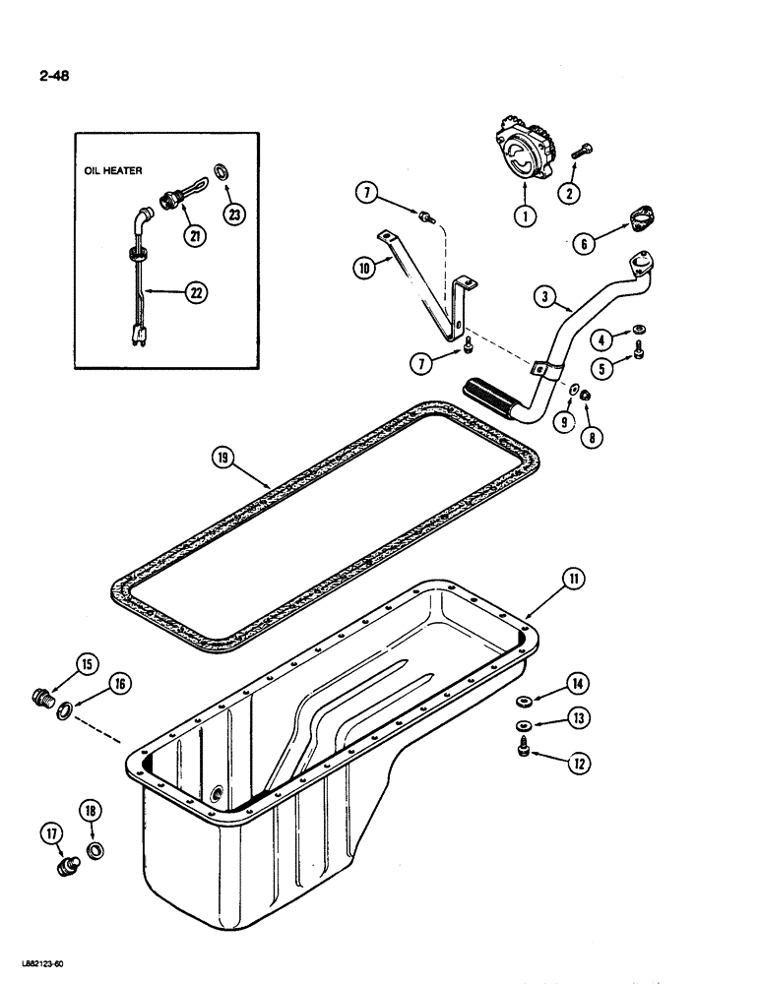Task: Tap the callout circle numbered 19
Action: pos(224,456)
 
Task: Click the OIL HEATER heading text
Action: pos(113,170)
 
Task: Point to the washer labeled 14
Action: pos(524,702)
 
